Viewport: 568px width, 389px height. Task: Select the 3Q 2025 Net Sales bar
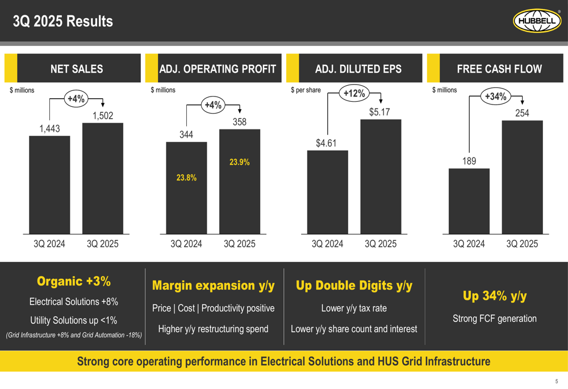coord(102,178)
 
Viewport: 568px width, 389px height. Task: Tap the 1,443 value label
coord(49,129)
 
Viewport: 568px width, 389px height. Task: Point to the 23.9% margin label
coord(239,162)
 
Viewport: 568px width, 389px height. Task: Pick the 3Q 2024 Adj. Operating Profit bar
coord(186,187)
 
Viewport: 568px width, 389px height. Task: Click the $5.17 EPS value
coord(379,112)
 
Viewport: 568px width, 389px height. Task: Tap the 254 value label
coord(522,113)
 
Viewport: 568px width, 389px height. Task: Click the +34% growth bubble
coord(496,97)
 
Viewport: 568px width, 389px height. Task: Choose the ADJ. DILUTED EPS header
coord(358,69)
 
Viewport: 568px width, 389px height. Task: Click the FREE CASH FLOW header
coord(499,69)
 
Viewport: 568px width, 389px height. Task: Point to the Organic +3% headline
coord(74,282)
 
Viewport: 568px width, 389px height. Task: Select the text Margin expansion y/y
coord(213,286)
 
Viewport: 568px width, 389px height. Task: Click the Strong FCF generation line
coord(495,319)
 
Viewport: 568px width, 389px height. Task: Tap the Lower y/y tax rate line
coord(354,308)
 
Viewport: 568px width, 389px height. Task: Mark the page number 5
coord(557,381)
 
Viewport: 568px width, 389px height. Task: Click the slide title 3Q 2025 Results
coord(63,22)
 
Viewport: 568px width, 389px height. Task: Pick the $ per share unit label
coord(306,90)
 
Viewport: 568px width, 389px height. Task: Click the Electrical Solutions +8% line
coord(74,302)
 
